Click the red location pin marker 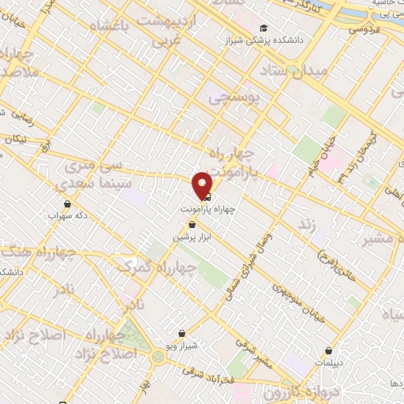pyautogui.click(x=203, y=185)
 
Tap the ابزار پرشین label pyautogui.click(x=192, y=236)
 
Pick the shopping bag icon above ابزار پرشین pyautogui.click(x=192, y=225)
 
